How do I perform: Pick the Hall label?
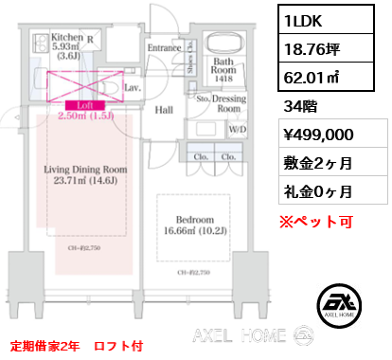(x=163, y=111)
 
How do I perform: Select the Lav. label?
(x=133, y=87)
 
